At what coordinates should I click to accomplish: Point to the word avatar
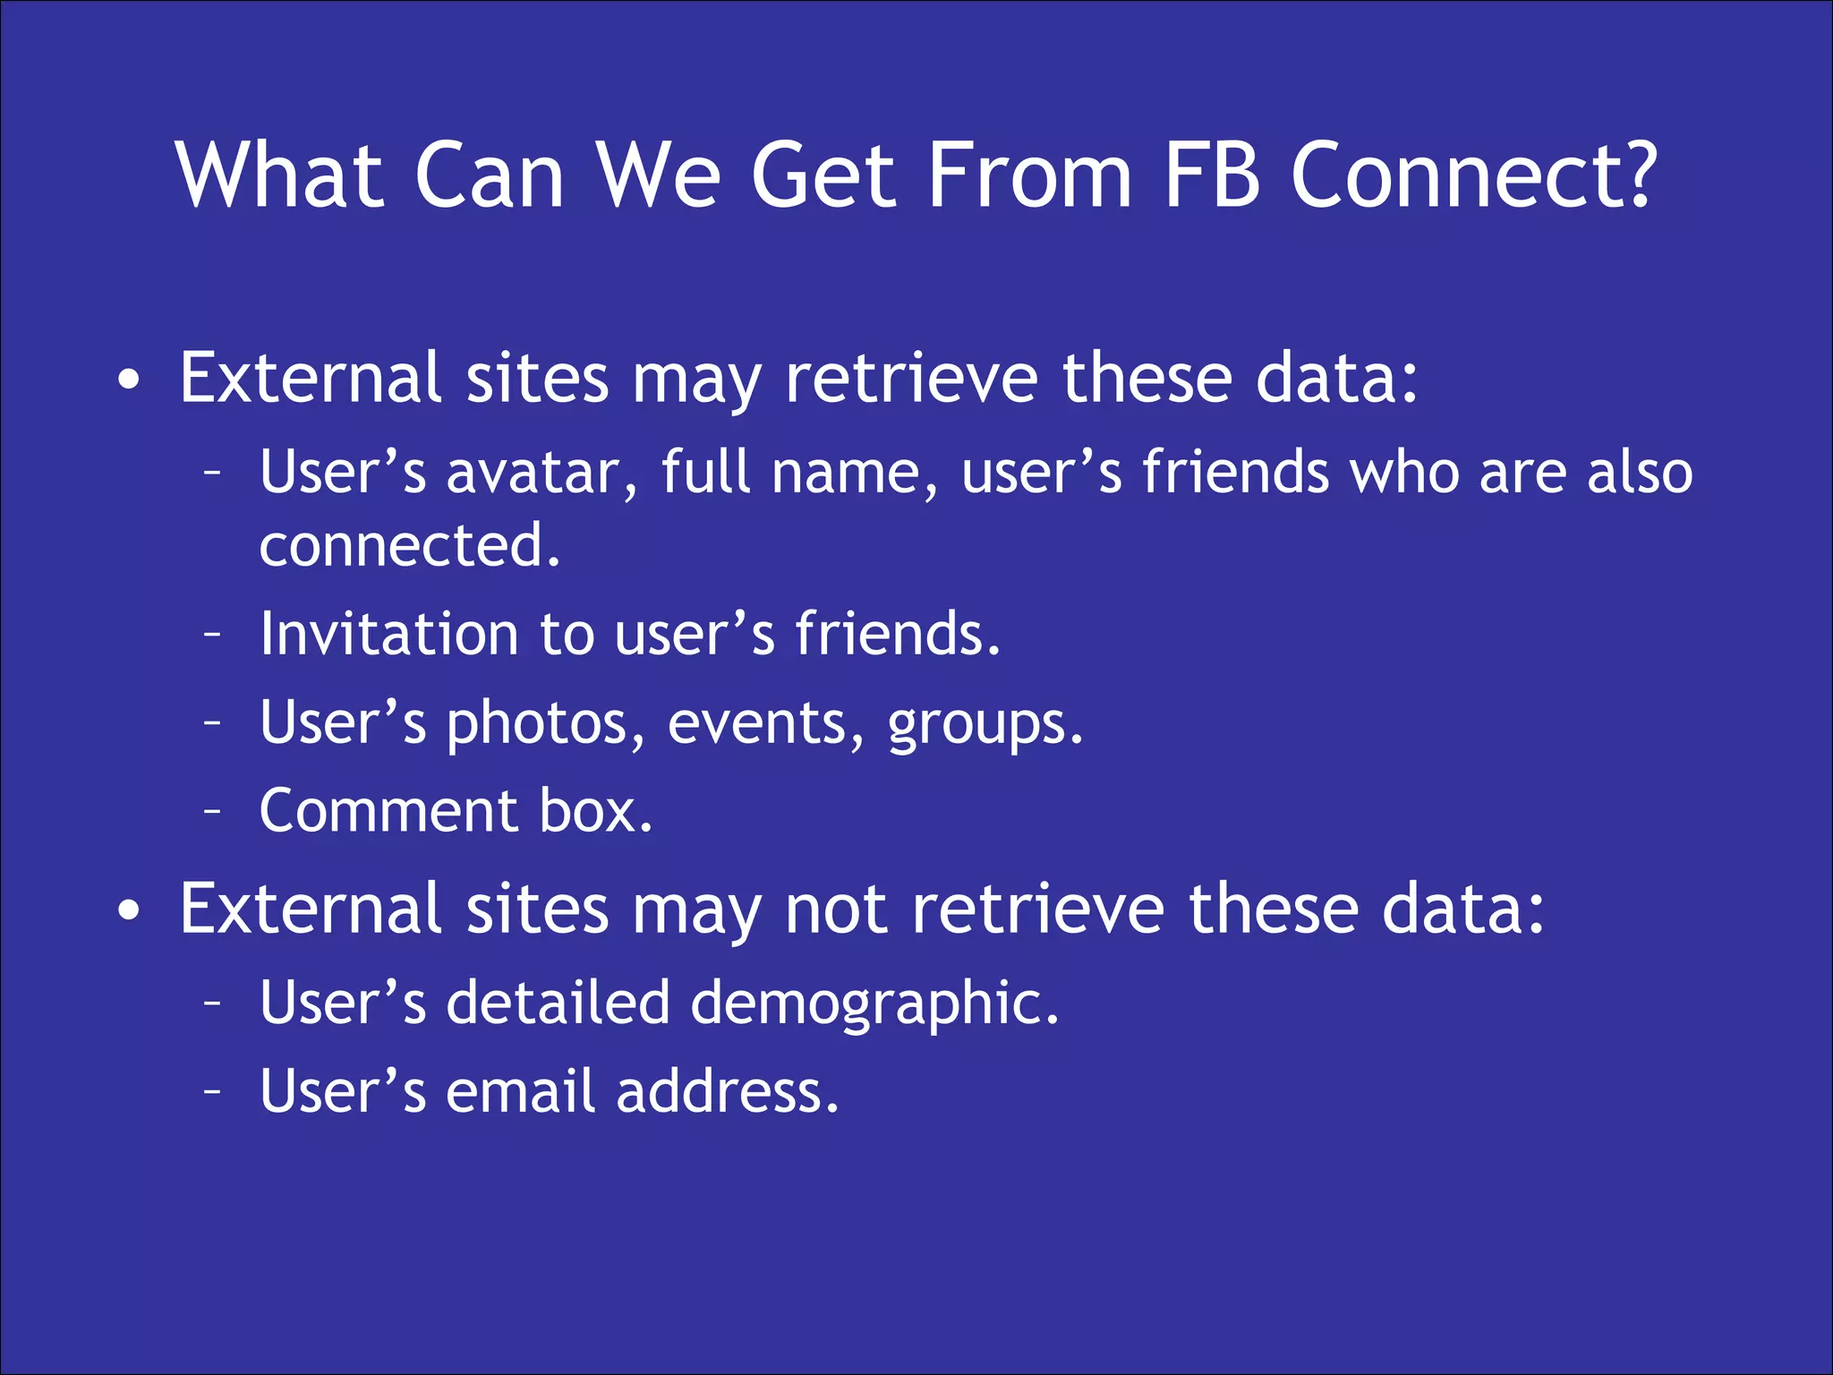pos(542,473)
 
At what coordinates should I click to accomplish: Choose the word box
pos(595,811)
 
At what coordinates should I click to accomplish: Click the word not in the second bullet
pos(836,910)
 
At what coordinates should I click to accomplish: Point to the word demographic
pos(874,1003)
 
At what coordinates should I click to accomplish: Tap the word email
pos(520,1091)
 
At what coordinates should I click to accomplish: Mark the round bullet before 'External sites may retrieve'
pos(129,380)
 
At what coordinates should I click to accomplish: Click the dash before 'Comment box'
pos(212,811)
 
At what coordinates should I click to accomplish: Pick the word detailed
pos(558,1002)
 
